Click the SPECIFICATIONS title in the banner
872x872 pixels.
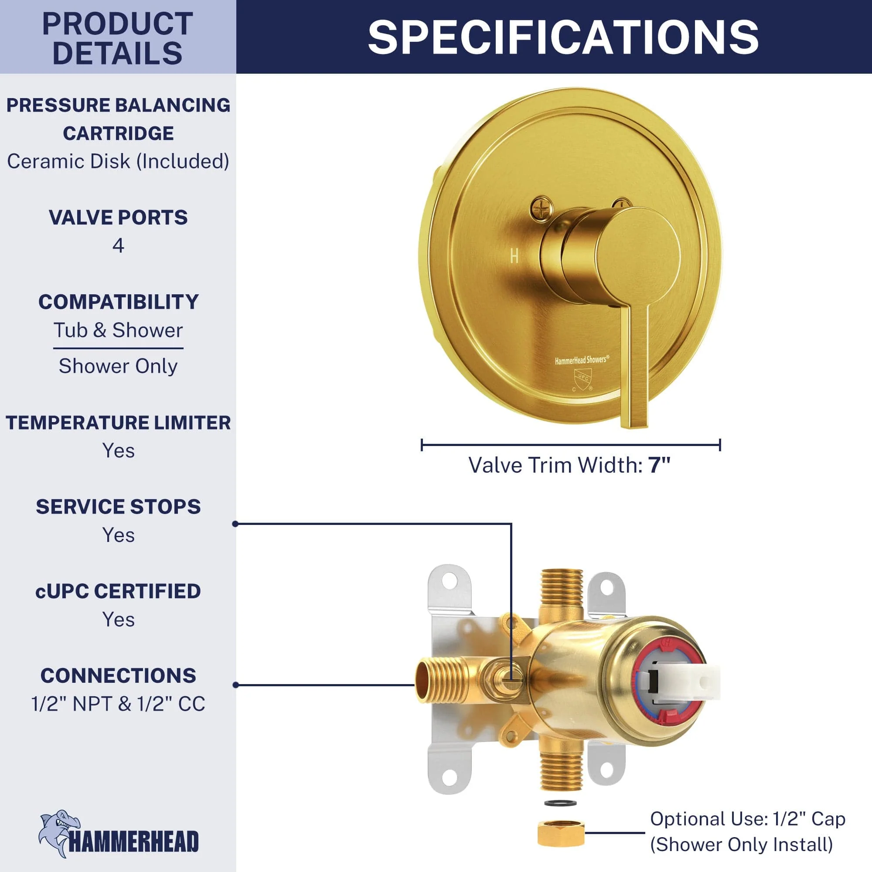pyautogui.click(x=563, y=37)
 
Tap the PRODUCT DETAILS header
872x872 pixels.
pyautogui.click(x=118, y=38)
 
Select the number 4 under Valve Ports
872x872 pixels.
pyautogui.click(x=118, y=245)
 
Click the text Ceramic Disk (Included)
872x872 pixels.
pyautogui.click(x=118, y=161)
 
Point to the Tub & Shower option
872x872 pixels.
pyautogui.click(x=118, y=330)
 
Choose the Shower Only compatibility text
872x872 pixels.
pyautogui.click(x=118, y=366)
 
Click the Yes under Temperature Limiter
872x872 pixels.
pyautogui.click(x=118, y=450)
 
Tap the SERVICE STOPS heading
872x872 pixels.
pyautogui.click(x=118, y=507)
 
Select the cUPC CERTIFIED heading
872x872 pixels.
pyautogui.click(x=118, y=591)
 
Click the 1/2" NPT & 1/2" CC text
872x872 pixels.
pyautogui.click(x=118, y=704)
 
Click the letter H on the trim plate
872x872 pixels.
pyautogui.click(x=514, y=256)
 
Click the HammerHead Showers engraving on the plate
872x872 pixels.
pyautogui.click(x=582, y=360)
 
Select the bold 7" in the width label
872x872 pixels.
pyautogui.click(x=659, y=465)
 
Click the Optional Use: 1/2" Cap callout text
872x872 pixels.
pyautogui.click(x=747, y=819)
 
